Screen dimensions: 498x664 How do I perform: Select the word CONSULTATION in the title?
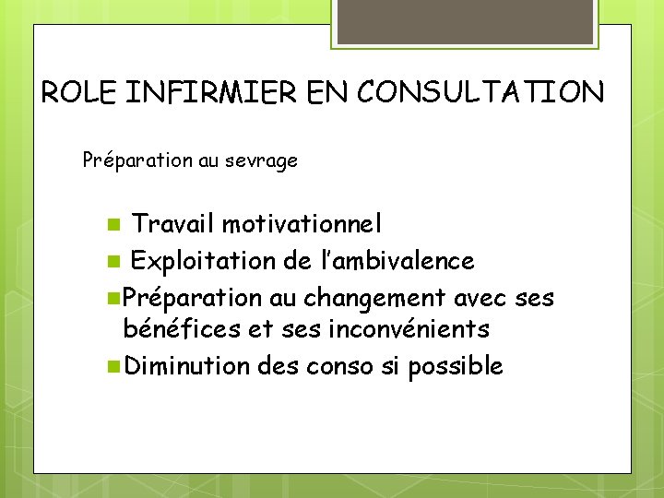(480, 93)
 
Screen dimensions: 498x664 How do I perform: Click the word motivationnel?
(301, 224)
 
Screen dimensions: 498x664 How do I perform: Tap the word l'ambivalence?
(395, 261)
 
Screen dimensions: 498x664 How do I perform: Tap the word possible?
(455, 366)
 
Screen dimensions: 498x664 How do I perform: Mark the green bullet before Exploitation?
(112, 262)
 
